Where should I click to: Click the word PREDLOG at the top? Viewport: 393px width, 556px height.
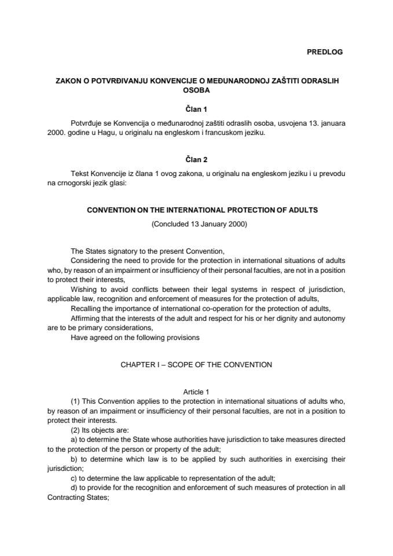coord(324,52)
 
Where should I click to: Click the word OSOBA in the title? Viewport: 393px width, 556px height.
coord(196,90)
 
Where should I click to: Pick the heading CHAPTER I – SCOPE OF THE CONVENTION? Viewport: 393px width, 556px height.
coord(196,365)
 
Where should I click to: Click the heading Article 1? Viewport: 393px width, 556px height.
coord(196,392)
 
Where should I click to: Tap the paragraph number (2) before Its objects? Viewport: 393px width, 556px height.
coord(75,430)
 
